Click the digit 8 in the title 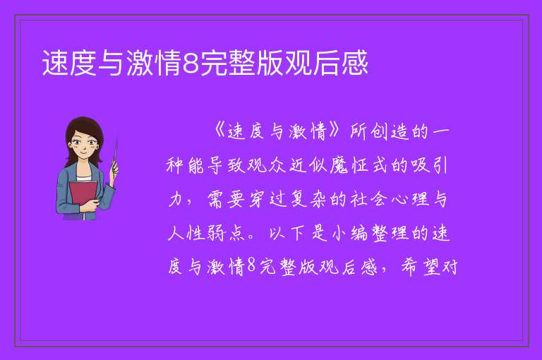coord(191,63)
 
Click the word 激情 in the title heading coord(155,63)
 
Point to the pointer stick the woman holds coord(115,154)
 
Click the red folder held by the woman coord(83,195)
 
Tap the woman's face coord(84,145)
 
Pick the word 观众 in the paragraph coord(267,165)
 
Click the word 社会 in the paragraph coord(368,199)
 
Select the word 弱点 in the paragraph coord(226,233)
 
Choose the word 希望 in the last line coord(420,267)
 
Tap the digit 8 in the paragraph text coord(252,267)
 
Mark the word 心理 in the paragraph coord(410,199)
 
